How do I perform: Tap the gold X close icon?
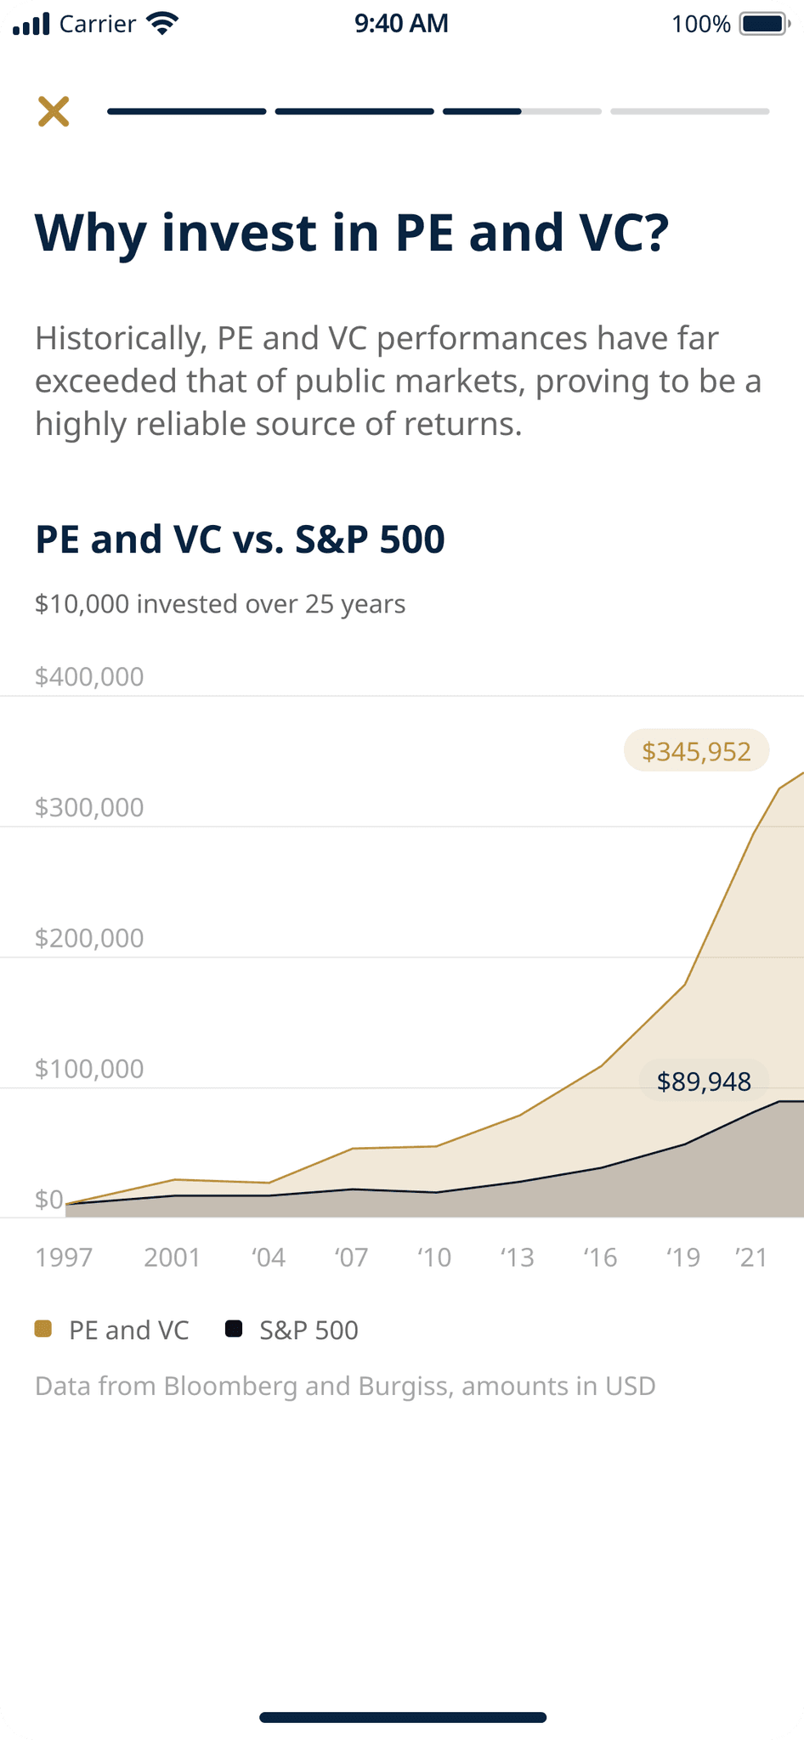[x=54, y=111]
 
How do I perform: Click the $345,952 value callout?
[x=697, y=751]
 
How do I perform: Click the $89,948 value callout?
[x=704, y=1082]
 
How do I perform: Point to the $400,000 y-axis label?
[x=89, y=677]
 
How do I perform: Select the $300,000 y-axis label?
[x=89, y=807]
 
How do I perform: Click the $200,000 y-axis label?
[x=89, y=938]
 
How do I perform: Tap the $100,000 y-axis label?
[x=89, y=1069]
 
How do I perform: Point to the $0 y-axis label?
[x=49, y=1199]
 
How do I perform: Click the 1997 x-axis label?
[x=64, y=1257]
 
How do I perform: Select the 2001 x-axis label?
[x=173, y=1257]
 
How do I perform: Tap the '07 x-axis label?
[x=352, y=1257]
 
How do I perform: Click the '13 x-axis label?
[x=518, y=1257]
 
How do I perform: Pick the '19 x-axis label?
[x=683, y=1257]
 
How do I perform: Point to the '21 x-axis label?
[x=751, y=1257]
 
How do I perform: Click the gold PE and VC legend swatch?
[x=43, y=1329]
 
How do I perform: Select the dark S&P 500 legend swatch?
[x=234, y=1329]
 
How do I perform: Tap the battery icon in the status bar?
[x=765, y=24]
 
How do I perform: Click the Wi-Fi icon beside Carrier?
[x=161, y=23]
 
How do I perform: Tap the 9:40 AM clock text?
[x=402, y=23]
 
